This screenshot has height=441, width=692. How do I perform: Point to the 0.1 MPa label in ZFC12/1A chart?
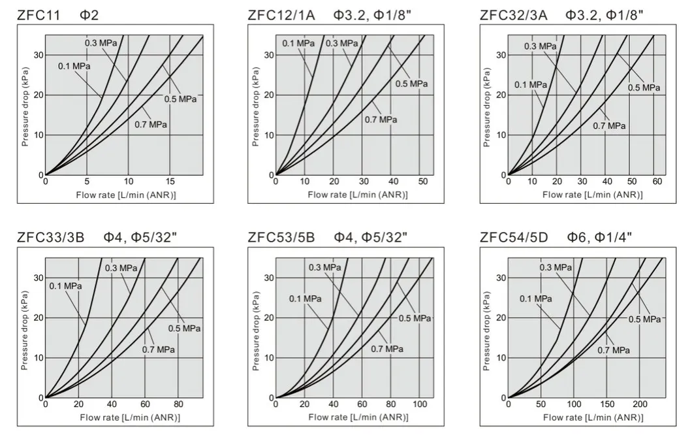[x=298, y=43]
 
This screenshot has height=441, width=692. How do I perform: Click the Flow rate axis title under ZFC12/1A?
[x=357, y=195]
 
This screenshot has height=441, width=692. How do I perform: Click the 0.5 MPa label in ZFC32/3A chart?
[x=644, y=88]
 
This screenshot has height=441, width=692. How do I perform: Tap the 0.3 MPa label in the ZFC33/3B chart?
[x=120, y=268]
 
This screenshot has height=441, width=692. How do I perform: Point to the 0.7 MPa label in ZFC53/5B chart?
[x=386, y=348]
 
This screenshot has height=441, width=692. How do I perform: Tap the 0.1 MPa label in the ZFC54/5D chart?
[x=536, y=299]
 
